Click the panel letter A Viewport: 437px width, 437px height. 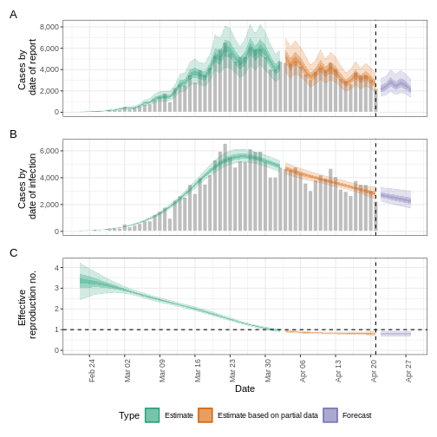[13, 14]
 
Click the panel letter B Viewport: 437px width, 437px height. [13, 134]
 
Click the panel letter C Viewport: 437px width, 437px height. [13, 252]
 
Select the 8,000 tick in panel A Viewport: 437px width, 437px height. [49, 27]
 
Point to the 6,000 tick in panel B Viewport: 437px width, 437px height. [49, 151]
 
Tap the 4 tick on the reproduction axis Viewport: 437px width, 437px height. [56, 267]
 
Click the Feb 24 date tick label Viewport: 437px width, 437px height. [92, 371]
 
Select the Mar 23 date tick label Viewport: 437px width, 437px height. [232, 371]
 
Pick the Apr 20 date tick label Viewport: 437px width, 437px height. [374, 371]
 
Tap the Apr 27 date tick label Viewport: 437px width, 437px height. [409, 371]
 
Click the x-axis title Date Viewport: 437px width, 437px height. [245, 388]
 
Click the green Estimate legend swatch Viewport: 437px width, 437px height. [152, 415]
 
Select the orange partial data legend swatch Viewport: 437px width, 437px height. [205, 415]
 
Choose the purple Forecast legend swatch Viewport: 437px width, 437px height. [330, 415]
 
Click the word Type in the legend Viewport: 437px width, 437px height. [128, 415]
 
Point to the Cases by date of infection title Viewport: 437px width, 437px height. [28, 186]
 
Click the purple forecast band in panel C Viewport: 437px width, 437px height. [395, 333]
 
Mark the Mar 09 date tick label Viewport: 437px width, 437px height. [162, 371]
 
